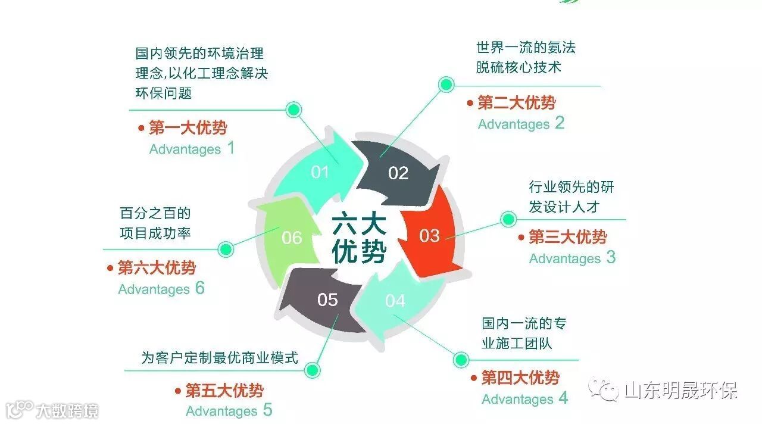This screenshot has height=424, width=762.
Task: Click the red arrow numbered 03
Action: tap(430, 235)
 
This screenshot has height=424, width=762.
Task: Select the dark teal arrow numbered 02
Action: tap(398, 173)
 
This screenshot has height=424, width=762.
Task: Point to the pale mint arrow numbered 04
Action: tap(395, 301)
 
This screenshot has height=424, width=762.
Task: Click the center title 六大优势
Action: tap(359, 238)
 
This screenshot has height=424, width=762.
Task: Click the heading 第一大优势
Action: tap(188, 127)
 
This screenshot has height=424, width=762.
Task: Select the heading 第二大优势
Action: tap(516, 102)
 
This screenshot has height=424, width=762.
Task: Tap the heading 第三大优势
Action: tap(567, 237)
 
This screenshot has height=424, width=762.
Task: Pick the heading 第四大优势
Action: tap(520, 378)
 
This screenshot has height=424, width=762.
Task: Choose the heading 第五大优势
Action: tap(224, 391)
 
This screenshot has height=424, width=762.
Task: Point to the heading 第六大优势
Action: tap(156, 268)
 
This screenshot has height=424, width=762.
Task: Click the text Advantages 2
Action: tap(521, 124)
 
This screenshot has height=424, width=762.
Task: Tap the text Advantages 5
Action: tap(229, 411)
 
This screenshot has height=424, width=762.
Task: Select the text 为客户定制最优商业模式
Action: tap(220, 358)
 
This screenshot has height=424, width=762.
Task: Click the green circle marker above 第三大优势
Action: tap(508, 219)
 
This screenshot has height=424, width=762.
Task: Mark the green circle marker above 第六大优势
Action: tap(226, 249)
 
